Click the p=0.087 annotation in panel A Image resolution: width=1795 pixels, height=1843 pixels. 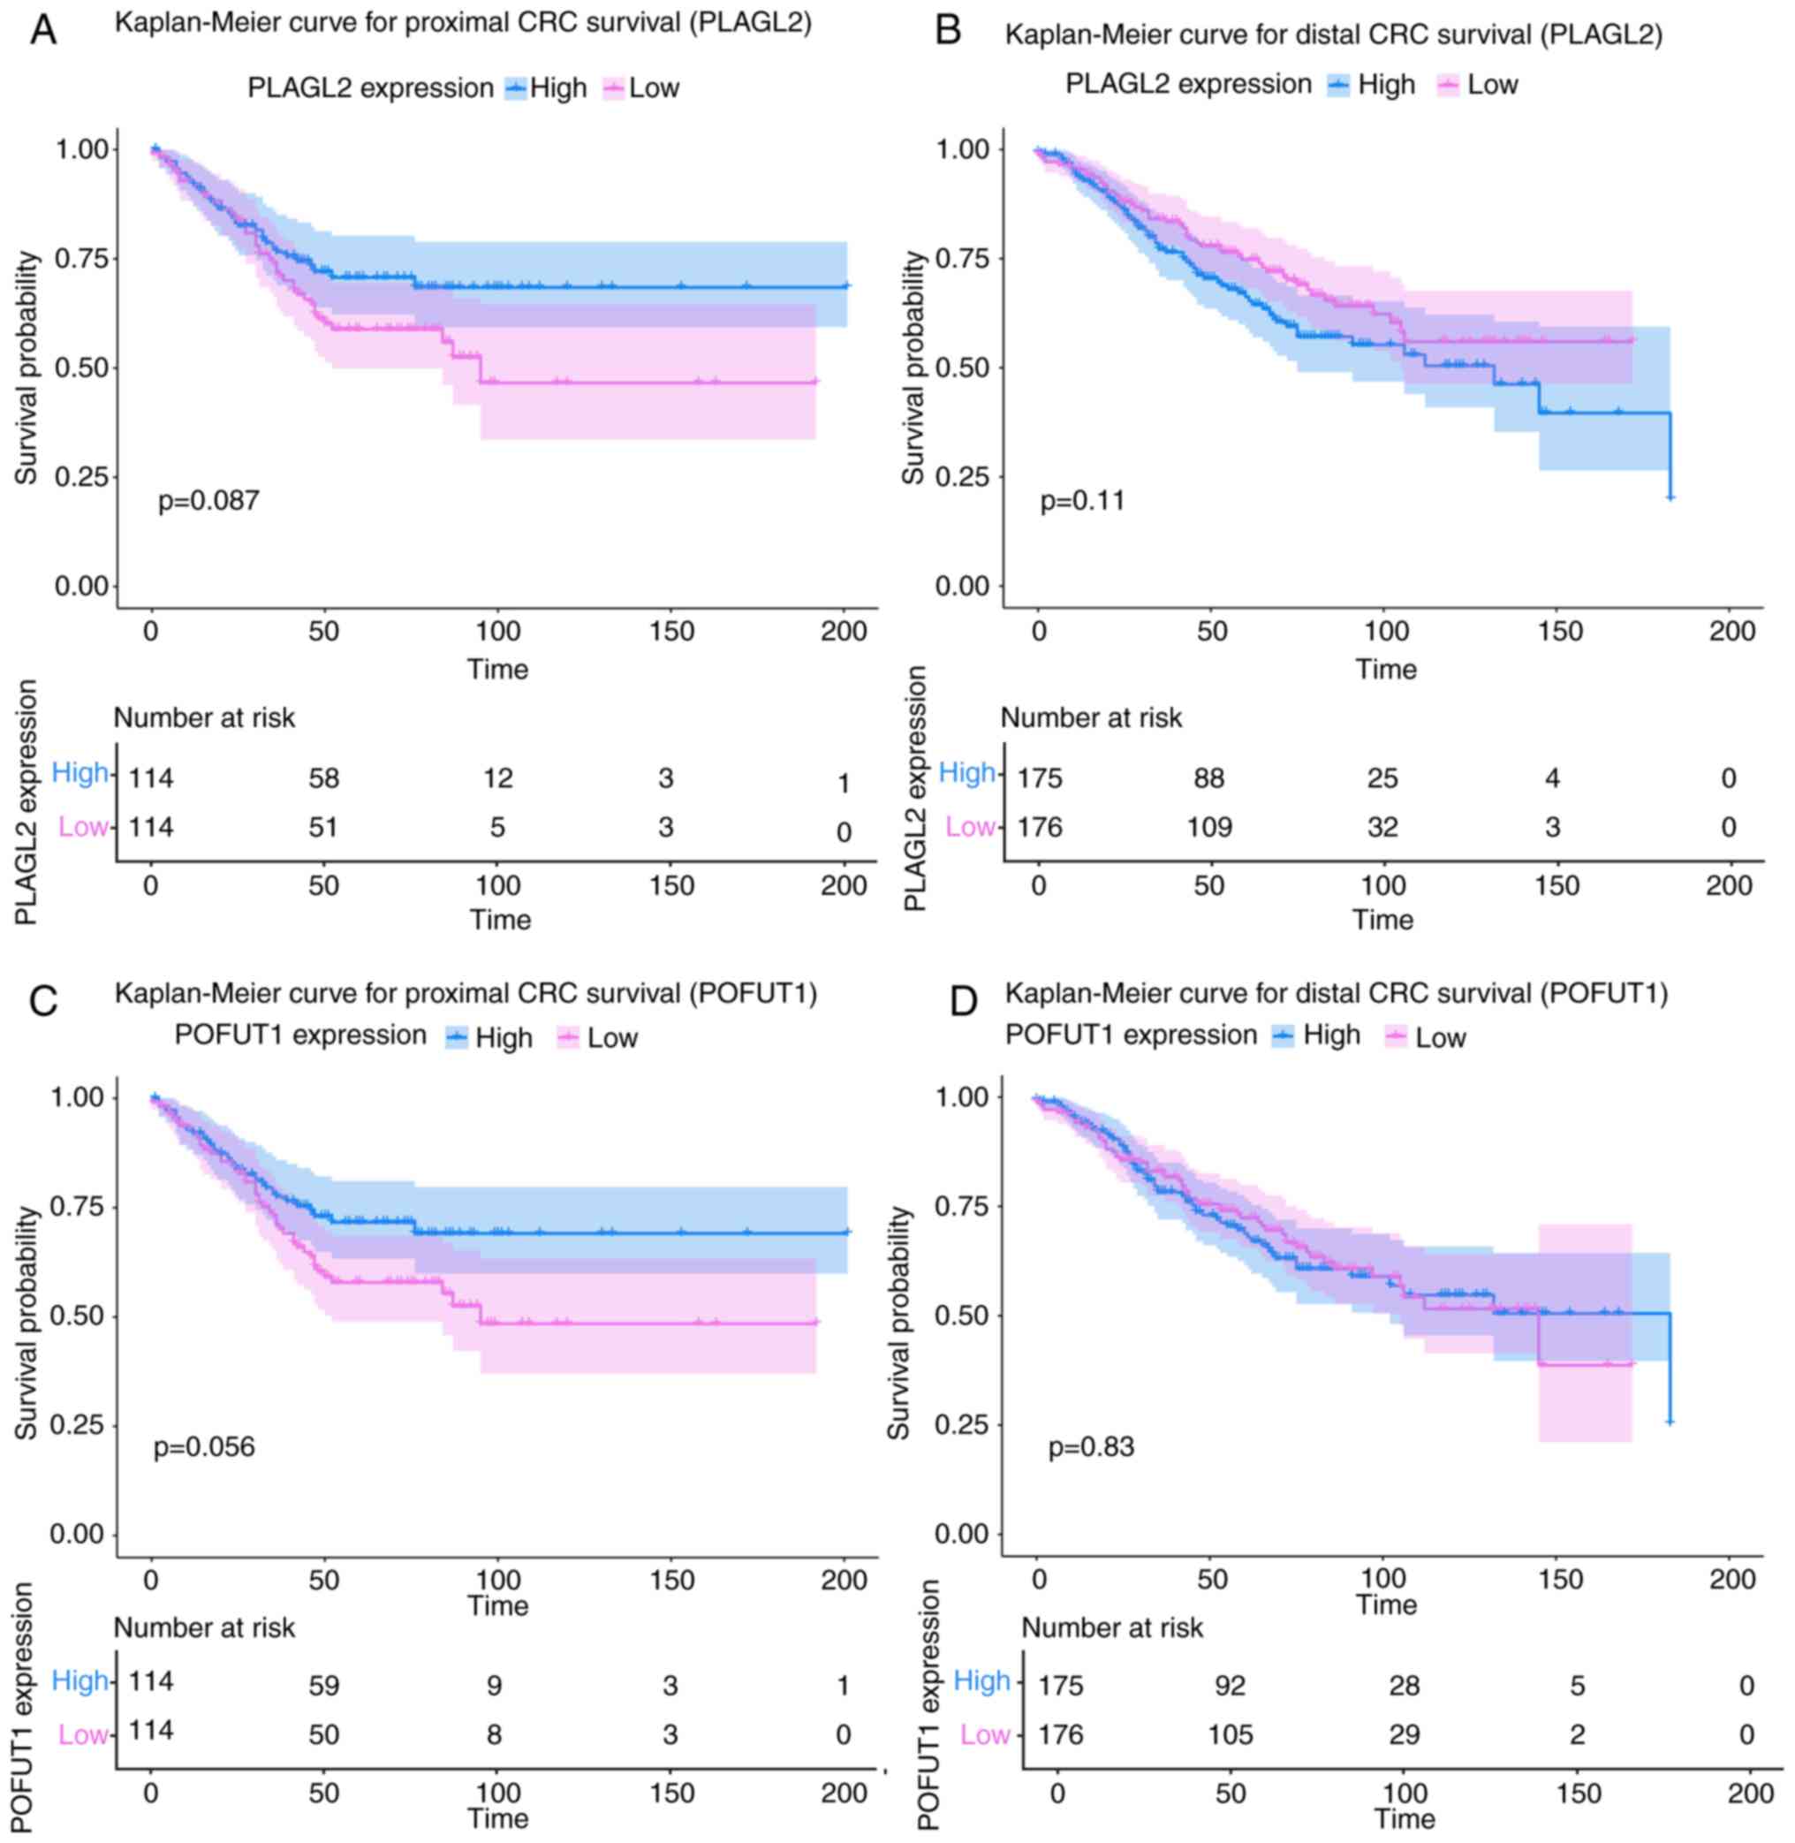click(208, 501)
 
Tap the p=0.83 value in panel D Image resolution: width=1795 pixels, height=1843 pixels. click(1091, 1446)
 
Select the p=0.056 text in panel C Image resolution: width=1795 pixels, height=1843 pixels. click(204, 1446)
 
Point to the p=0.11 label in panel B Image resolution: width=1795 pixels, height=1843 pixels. click(1082, 501)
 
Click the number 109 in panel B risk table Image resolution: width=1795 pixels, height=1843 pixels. click(1208, 827)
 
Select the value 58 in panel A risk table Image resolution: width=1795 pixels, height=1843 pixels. click(323, 777)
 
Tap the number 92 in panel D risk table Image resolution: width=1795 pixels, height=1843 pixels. click(1230, 1686)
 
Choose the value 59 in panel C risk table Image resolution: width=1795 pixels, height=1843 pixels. click(323, 1686)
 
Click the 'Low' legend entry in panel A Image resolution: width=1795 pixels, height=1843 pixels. click(654, 88)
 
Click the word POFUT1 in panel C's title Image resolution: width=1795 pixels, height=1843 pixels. click(766, 994)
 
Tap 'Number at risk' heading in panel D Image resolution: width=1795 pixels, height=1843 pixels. click(1112, 1628)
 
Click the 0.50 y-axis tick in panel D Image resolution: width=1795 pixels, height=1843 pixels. click(962, 1316)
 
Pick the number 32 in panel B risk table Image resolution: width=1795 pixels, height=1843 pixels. click(1383, 827)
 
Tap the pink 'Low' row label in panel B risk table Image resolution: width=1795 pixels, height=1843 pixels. click(969, 827)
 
